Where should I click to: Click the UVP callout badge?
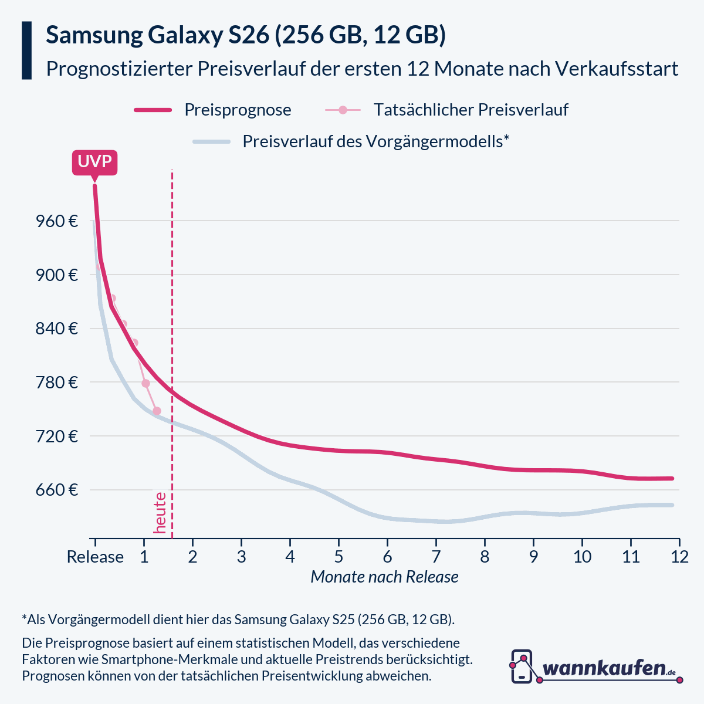(94, 162)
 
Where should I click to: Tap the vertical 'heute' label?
(160, 513)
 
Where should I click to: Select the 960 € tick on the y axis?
(57, 221)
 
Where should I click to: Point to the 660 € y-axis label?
(57, 490)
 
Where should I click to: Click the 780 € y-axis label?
(57, 383)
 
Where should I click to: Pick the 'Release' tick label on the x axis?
(95, 556)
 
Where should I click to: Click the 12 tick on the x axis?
(679, 556)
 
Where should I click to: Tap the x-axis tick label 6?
(387, 556)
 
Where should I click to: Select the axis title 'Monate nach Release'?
(384, 577)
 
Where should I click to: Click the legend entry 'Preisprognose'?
(238, 110)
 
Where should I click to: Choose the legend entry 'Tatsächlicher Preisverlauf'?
(471, 110)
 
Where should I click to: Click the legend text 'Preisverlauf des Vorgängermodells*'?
(375, 141)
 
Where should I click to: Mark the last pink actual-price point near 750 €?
(157, 411)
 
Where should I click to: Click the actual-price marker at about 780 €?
(145, 383)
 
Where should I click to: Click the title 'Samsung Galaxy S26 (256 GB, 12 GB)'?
(246, 35)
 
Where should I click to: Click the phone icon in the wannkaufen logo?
(522, 666)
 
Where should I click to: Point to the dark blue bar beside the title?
(26, 50)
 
